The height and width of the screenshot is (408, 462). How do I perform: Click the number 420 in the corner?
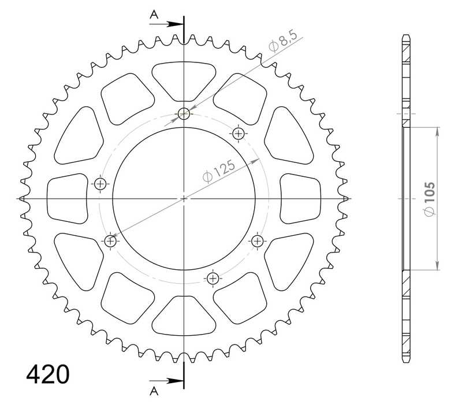[x=48, y=374]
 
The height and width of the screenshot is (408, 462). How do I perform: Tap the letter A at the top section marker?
[x=154, y=16]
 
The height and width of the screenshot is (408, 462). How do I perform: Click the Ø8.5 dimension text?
[x=283, y=44]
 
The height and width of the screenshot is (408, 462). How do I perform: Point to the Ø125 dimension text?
[x=219, y=172]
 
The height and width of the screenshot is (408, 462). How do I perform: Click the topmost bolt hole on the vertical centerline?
[x=184, y=114]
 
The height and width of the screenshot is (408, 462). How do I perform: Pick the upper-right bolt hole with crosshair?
[x=238, y=134]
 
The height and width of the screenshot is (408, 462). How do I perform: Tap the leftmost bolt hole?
[x=101, y=184]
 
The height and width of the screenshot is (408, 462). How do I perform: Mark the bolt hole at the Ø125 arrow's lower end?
[x=111, y=241]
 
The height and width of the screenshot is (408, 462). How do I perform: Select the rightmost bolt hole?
[x=256, y=241]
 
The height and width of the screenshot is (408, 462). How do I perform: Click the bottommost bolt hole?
[x=213, y=279]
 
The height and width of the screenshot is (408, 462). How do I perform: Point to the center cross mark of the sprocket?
[x=184, y=199]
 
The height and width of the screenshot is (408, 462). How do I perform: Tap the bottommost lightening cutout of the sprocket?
[x=184, y=317]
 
